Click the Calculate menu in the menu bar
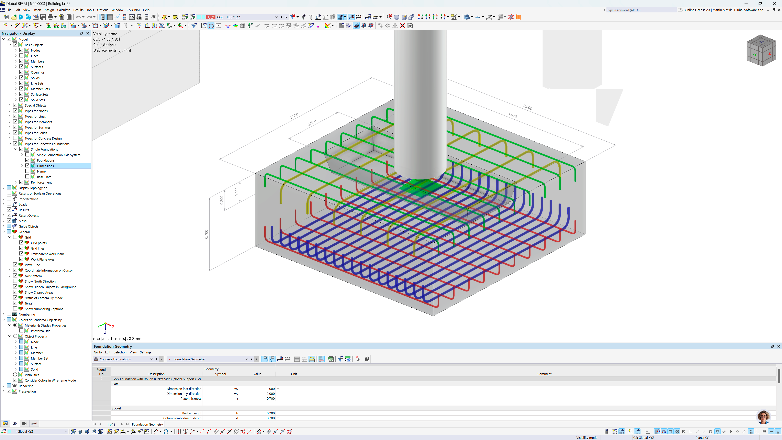[x=64, y=10]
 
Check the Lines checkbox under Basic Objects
[x=21, y=56]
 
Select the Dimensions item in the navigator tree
[x=45, y=166]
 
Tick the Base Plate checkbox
[x=27, y=177]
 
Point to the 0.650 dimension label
[x=312, y=122]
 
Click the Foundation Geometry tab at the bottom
[x=147, y=425]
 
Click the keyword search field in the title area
[x=640, y=10]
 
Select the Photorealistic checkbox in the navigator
[x=21, y=331]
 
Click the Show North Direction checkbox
[x=15, y=281]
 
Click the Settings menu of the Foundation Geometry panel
[x=145, y=352]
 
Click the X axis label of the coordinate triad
[x=113, y=326]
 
